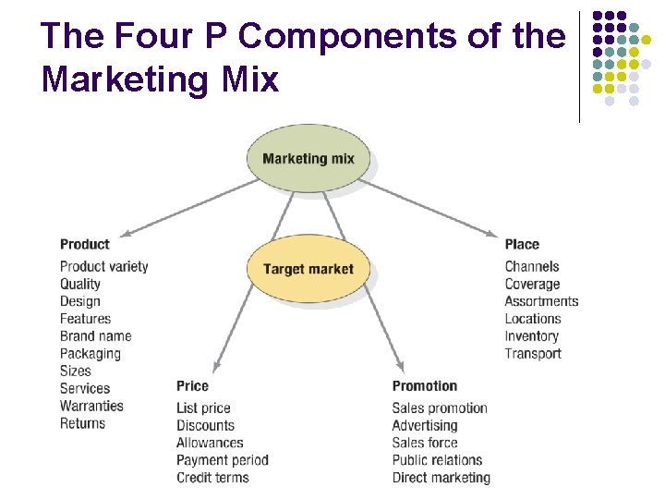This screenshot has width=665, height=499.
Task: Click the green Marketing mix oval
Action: pyautogui.click(x=308, y=158)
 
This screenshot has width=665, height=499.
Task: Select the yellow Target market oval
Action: pyautogui.click(x=308, y=269)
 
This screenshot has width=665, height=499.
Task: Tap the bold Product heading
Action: pyautogui.click(x=84, y=244)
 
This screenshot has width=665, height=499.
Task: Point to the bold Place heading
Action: pyautogui.click(x=522, y=244)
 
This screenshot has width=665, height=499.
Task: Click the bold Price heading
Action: pyautogui.click(x=192, y=385)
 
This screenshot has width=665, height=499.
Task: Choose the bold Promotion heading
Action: pyautogui.click(x=424, y=385)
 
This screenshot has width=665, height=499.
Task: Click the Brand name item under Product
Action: pyautogui.click(x=95, y=336)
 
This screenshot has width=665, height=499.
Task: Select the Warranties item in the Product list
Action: pyautogui.click(x=91, y=406)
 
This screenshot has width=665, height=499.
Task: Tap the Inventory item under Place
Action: pyautogui.click(x=531, y=336)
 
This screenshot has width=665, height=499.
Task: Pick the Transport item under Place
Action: pyautogui.click(x=533, y=354)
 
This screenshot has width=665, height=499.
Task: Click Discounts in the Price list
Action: pyautogui.click(x=205, y=426)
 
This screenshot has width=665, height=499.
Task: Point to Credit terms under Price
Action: pyautogui.click(x=212, y=478)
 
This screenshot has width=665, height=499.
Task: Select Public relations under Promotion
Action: pyautogui.click(x=437, y=460)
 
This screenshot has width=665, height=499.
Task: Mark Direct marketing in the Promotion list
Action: pyautogui.click(x=441, y=478)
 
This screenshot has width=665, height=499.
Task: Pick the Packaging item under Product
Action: pyautogui.click(x=91, y=354)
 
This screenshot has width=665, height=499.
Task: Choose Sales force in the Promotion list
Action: pyautogui.click(x=424, y=443)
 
